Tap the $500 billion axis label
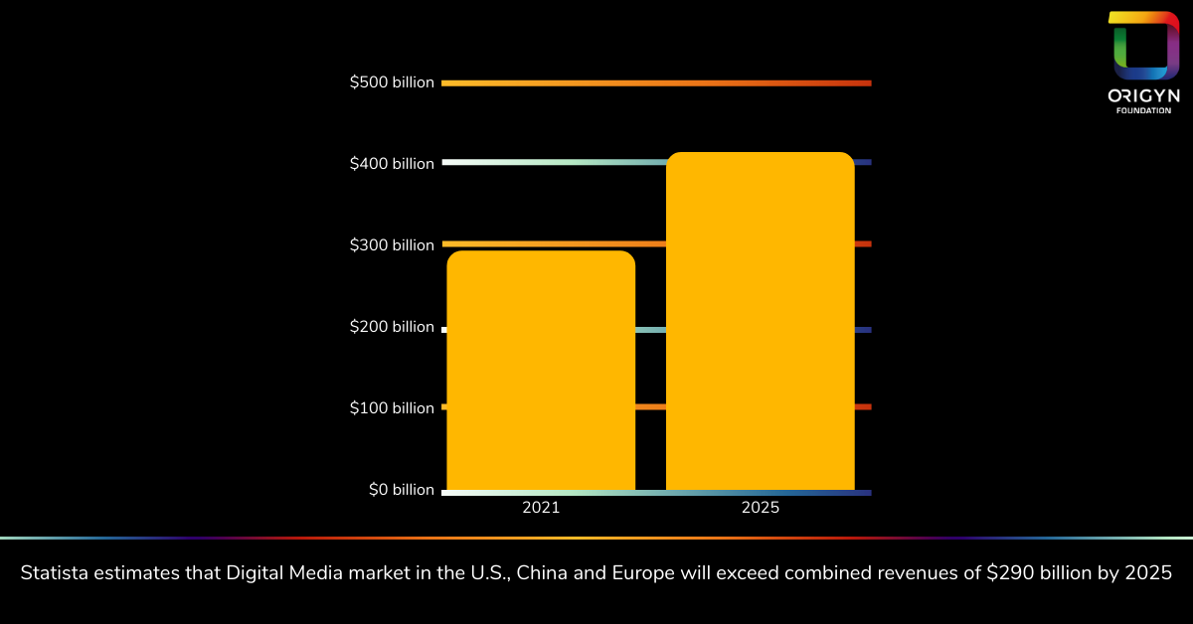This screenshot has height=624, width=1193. click(x=392, y=82)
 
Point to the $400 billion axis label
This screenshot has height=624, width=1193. click(x=392, y=164)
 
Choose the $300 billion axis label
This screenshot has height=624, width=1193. click(x=392, y=245)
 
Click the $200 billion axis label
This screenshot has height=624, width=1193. click(x=392, y=327)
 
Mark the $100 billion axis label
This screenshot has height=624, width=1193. click(x=392, y=407)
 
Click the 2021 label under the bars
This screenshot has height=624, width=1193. click(x=541, y=508)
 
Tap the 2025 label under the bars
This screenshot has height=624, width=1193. click(x=760, y=508)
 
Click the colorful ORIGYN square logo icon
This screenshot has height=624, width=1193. click(x=1143, y=45)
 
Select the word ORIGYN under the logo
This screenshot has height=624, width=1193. click(x=1143, y=96)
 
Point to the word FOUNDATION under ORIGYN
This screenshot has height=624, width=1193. click(x=1143, y=110)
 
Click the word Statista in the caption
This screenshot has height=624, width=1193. click(x=55, y=573)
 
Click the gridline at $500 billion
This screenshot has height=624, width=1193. click(x=656, y=83)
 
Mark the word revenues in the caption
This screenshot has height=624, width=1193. click(x=928, y=573)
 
